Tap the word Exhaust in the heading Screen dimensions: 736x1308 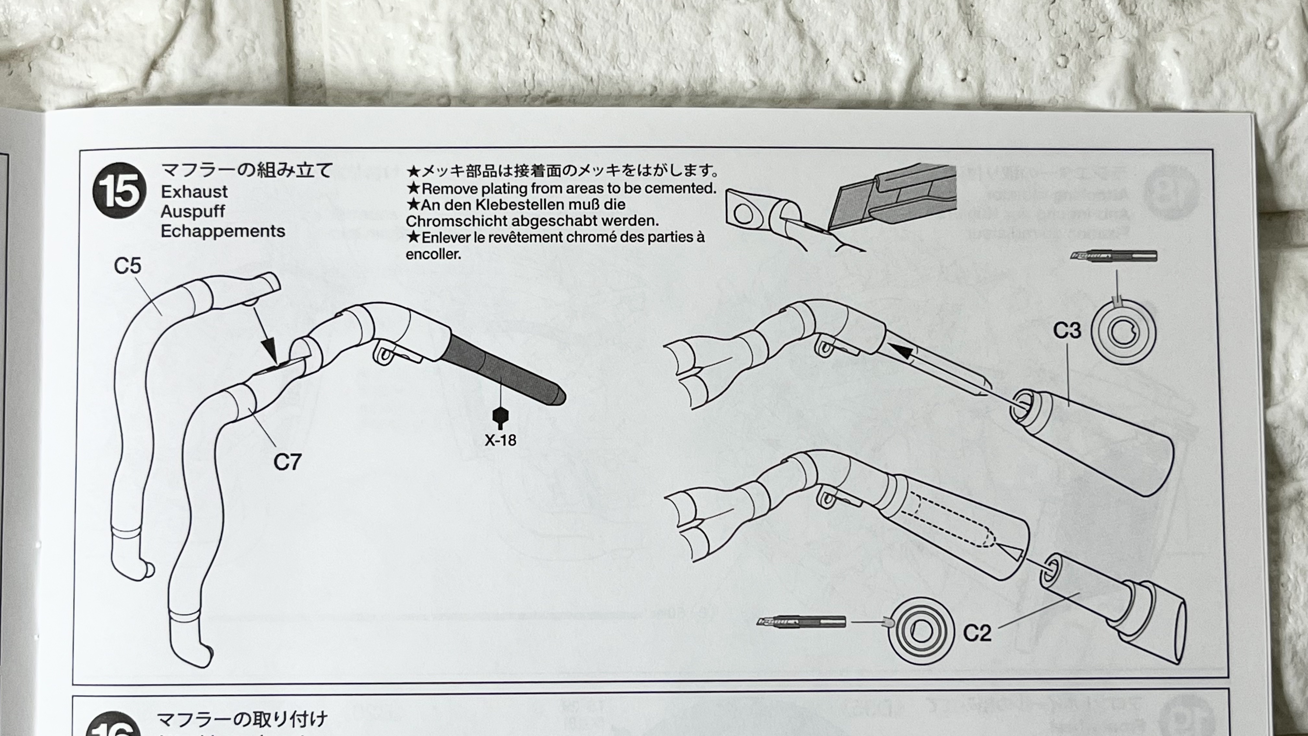tap(194, 192)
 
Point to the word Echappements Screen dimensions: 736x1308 tap(223, 231)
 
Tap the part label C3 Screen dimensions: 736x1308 tap(1067, 331)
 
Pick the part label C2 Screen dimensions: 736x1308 tap(977, 633)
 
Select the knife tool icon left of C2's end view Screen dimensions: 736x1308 tap(801, 622)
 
